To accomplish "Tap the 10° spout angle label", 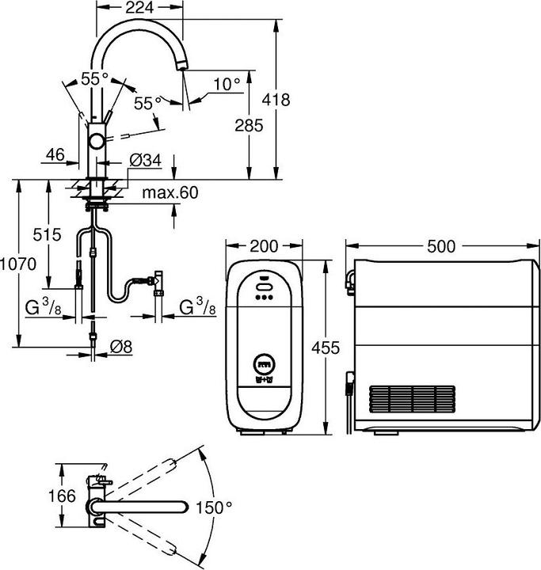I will (226, 83).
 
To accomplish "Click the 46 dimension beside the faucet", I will (55, 155).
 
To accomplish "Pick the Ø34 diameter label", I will (145, 161).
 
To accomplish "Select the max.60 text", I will (170, 193).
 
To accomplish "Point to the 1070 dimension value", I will (18, 264).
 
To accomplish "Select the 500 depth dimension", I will (440, 246).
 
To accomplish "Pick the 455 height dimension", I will (325, 347).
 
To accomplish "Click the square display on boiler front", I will (263, 365).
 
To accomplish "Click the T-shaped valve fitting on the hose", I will (158, 279).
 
